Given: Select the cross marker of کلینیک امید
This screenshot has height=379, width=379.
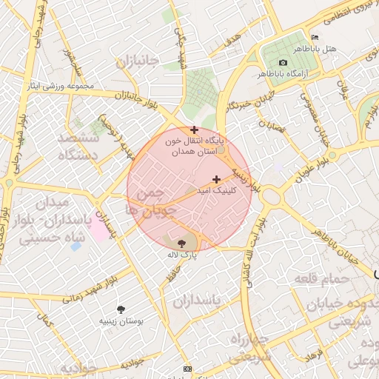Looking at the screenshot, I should point(216,179).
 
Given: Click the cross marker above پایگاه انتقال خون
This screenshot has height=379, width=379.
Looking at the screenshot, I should point(194,130).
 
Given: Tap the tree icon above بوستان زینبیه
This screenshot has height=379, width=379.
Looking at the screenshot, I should point(121,309).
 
